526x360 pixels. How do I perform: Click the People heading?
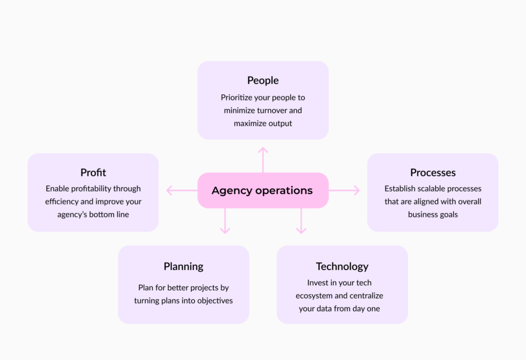tap(263, 80)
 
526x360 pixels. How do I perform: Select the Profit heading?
tap(93, 172)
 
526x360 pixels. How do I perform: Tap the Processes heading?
tap(433, 172)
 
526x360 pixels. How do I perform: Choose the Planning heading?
tap(184, 267)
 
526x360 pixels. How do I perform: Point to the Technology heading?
tap(342, 267)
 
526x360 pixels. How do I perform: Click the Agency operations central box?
tap(263, 190)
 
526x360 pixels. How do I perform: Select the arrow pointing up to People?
tap(263, 160)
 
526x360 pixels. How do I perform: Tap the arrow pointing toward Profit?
tap(182, 190)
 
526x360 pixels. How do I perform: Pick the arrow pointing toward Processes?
tap(344, 190)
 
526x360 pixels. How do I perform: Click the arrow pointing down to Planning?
tap(225, 220)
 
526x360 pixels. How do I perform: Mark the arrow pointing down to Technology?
tap(301, 220)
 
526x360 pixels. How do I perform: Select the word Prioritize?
tap(237, 98)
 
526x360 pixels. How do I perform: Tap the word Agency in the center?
tap(232, 191)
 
